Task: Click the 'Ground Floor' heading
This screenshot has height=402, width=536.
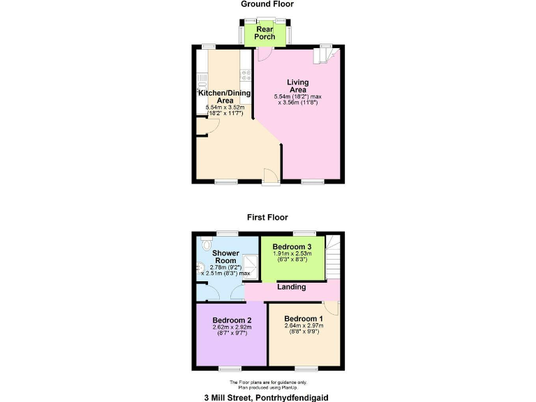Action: [267, 4]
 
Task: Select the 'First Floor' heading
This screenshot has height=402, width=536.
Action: [267, 217]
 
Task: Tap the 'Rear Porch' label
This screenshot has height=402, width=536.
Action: [265, 33]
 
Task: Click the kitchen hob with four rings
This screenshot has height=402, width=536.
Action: [246, 74]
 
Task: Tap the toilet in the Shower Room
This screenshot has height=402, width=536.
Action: [204, 246]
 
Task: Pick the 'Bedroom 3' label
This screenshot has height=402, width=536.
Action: [292, 247]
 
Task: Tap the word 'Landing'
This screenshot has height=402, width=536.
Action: [291, 287]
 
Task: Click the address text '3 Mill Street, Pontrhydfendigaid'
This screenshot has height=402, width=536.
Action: [267, 396]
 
